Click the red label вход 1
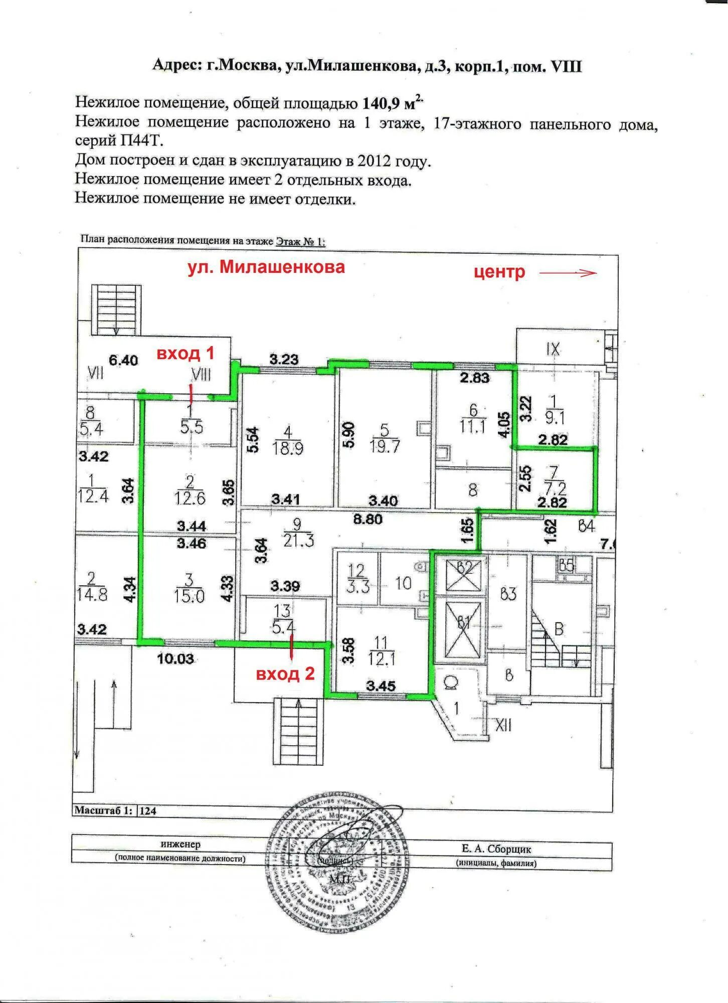[186, 353]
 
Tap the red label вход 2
[285, 674]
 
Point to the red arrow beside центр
[568, 273]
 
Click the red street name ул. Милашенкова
[266, 267]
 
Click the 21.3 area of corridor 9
[298, 541]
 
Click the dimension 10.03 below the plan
[175, 658]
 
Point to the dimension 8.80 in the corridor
[368, 520]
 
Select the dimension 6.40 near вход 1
[123, 360]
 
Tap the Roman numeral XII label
[503, 724]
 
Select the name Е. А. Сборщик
[496, 849]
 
